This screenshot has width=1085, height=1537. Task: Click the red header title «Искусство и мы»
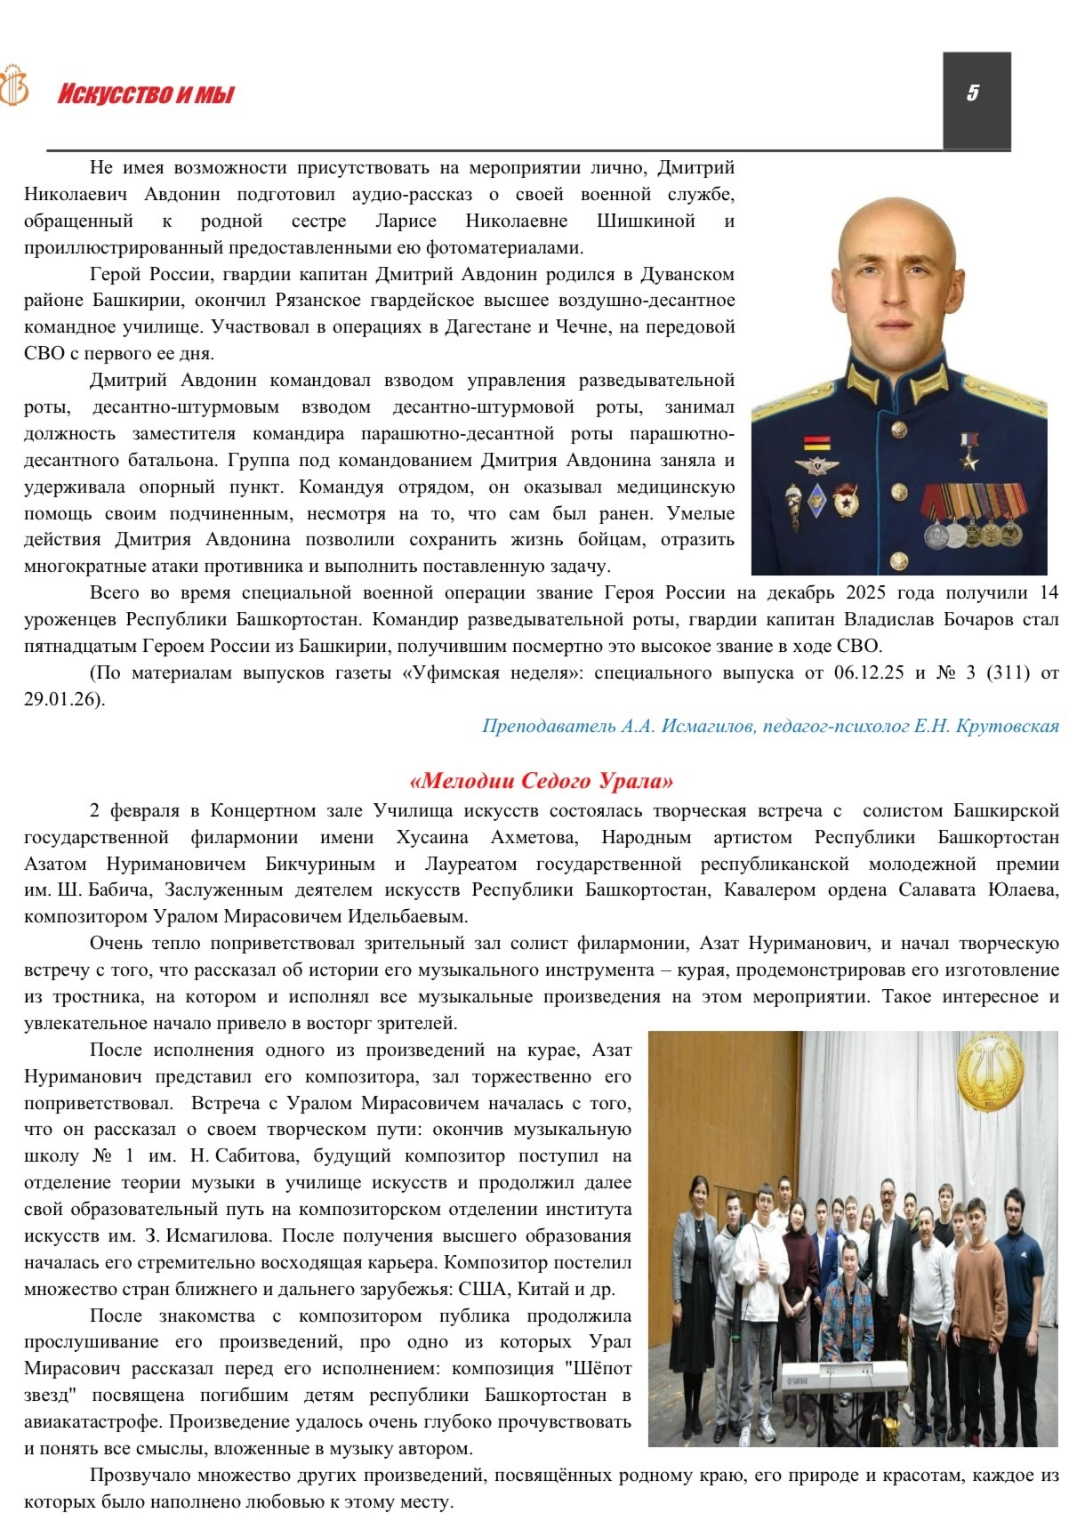point(146,94)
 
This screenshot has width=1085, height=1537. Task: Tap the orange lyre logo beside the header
point(13,87)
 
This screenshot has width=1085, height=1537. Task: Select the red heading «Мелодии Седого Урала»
point(542,781)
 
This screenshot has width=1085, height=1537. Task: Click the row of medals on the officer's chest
point(972,515)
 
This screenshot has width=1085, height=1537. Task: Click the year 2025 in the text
point(865,593)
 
